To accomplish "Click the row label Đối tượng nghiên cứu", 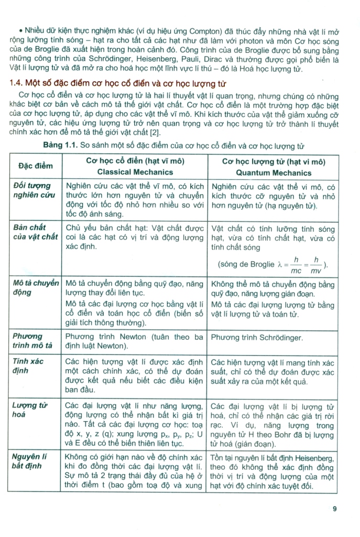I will pyautogui.click(x=34, y=190).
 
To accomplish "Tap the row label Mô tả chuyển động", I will pyautogui.click(x=36, y=288).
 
